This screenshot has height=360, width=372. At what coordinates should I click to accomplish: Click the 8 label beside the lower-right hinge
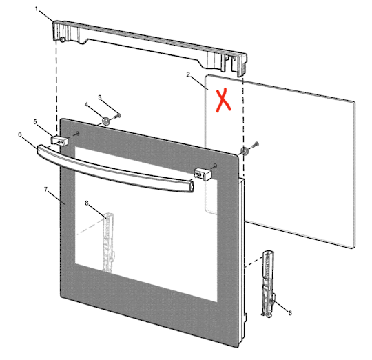point(290,313)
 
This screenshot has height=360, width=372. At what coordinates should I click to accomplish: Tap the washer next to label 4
point(105,121)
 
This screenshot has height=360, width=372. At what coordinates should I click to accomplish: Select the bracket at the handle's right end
point(201,174)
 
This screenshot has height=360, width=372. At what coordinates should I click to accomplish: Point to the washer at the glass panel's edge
point(245,150)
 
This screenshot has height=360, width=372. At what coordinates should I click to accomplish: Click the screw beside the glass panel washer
point(256,144)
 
